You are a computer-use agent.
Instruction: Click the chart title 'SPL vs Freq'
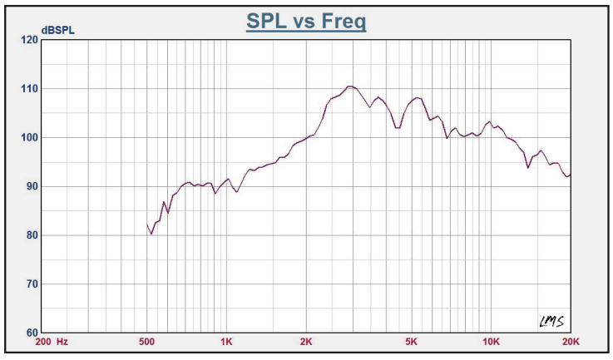tap(306, 21)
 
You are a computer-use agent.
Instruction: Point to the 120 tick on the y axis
tap(28, 40)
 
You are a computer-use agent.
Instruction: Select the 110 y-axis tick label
tap(28, 89)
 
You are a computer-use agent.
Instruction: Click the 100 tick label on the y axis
tap(28, 137)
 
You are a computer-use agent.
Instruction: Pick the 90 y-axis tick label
tap(31, 186)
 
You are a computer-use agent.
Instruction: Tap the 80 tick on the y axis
tap(31, 235)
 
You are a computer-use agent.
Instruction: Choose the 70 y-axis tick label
tap(31, 284)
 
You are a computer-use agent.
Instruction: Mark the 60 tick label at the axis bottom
tap(31, 333)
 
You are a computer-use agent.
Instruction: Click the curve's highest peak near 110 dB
tap(351, 86)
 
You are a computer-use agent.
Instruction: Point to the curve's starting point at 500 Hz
tap(147, 224)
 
